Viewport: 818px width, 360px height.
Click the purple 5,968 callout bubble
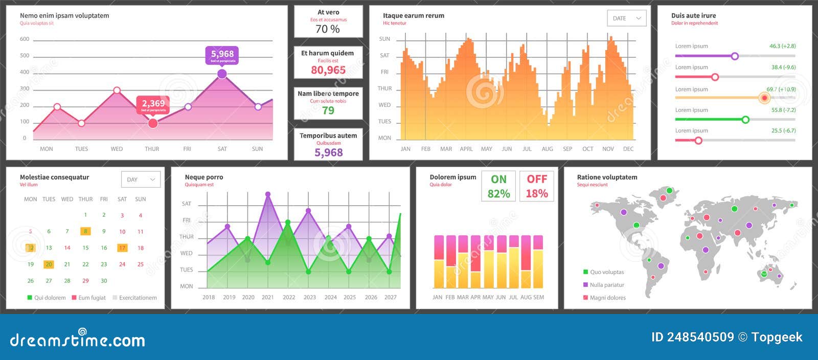[222, 55]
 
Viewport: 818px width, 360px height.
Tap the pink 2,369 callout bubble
[153, 105]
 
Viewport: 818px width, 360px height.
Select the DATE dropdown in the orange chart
[626, 18]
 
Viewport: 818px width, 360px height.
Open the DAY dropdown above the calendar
[141, 179]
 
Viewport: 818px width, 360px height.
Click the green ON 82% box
[498, 186]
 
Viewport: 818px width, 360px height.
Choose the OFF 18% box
[537, 186]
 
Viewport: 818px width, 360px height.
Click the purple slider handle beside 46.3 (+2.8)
[735, 56]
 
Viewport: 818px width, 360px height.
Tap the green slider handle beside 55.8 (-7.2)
[745, 120]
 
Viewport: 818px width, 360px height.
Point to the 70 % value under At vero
[328, 29]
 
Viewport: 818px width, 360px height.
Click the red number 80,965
[328, 70]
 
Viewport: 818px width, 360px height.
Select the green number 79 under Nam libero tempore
[328, 110]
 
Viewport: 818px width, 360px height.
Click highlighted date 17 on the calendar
[122, 248]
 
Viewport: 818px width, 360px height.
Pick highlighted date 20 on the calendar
[49, 264]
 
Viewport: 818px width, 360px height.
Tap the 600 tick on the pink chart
[25, 39]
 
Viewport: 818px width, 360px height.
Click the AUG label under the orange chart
[547, 149]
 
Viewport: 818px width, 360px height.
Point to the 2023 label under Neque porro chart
[309, 297]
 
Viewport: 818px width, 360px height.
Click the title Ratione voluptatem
[607, 177]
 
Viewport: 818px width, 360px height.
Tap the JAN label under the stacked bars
[437, 297]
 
